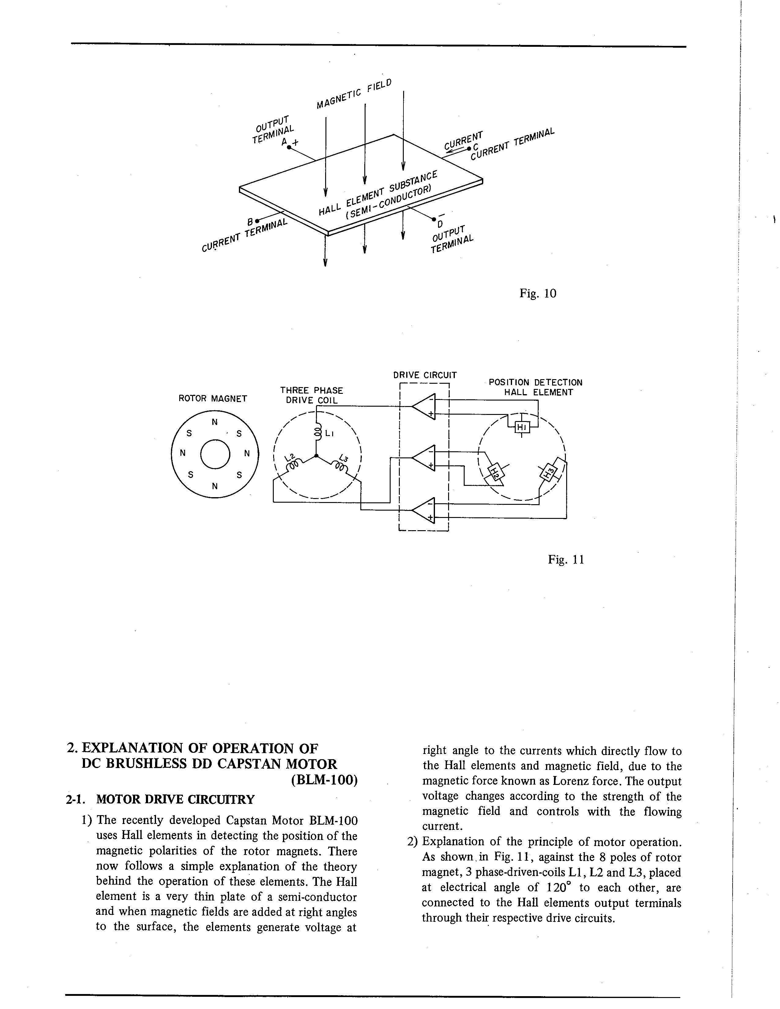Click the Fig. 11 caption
tap(566, 560)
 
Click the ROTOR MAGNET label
tap(213, 398)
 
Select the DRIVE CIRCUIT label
tap(425, 375)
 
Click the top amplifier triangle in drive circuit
tap(424, 406)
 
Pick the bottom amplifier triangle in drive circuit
tap(424, 510)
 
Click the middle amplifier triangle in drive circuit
tap(424, 458)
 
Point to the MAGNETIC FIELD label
tap(355, 94)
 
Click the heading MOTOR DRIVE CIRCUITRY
tap(175, 799)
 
